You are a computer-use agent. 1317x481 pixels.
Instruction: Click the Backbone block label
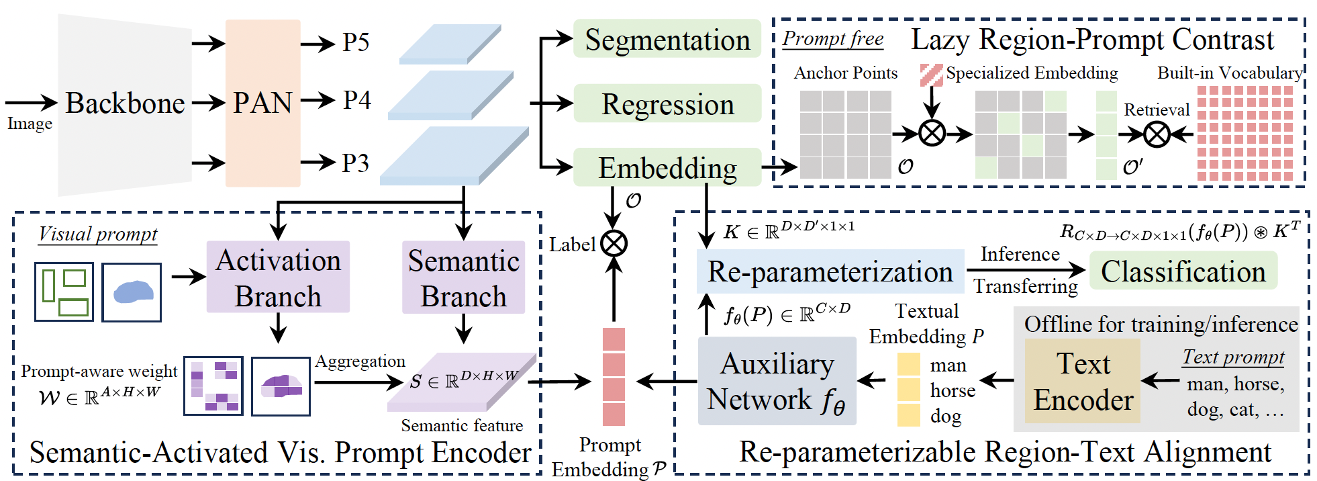tap(125, 103)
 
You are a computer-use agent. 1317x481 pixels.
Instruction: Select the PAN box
tap(262, 103)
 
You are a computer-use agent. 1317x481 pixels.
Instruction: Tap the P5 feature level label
tap(356, 43)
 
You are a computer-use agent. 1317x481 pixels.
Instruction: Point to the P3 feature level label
tap(356, 163)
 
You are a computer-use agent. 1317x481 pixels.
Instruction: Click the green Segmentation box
tap(667, 40)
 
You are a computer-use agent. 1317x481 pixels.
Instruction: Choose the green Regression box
tap(667, 104)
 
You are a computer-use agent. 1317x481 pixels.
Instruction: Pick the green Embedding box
tap(667, 168)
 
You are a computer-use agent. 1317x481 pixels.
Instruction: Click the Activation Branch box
tap(278, 277)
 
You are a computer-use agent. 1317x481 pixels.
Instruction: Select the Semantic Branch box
tap(463, 277)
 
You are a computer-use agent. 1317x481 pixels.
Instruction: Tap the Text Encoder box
tap(1083, 381)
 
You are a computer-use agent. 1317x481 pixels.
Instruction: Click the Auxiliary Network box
tap(777, 381)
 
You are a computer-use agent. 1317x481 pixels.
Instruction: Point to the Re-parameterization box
tap(830, 272)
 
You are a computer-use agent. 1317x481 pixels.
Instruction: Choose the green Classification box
tap(1183, 271)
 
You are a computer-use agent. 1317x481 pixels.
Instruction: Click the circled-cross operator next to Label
tap(614, 243)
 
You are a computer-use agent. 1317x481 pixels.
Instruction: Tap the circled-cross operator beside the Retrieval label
tap(1157, 135)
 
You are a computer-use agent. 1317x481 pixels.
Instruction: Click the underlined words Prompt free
tap(833, 39)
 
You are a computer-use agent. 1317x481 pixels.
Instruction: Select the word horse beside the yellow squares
tap(953, 391)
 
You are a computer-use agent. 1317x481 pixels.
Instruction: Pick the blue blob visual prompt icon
tap(132, 292)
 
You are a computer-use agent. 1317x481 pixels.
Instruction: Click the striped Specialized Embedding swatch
tap(931, 75)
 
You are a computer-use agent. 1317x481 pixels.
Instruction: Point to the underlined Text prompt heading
tap(1233, 357)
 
